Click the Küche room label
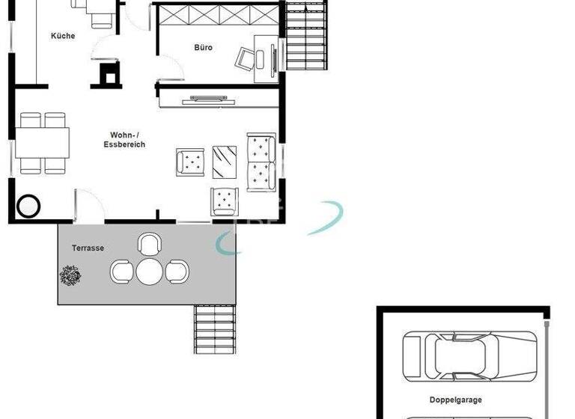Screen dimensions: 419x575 point(63,36)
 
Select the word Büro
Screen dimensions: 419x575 point(203,47)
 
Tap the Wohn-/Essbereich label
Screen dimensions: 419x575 point(125,140)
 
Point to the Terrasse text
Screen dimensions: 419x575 point(88,248)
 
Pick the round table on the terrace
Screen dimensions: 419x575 point(150,272)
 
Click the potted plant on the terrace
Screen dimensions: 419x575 point(71,275)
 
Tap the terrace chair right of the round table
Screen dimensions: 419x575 point(177,272)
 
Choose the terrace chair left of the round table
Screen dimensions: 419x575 point(122,271)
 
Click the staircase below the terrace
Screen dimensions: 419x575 point(216,329)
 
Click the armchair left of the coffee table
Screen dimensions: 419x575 point(190,162)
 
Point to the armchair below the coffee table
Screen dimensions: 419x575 point(224,201)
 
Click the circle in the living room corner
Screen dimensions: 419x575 point(29,205)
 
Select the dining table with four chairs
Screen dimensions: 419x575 point(43,143)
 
